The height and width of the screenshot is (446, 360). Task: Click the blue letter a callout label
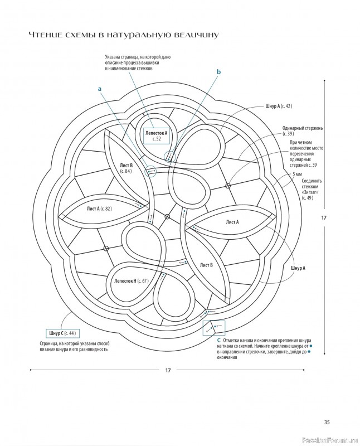pyautogui.click(x=100, y=89)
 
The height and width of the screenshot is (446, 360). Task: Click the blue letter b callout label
pyautogui.click(x=218, y=72)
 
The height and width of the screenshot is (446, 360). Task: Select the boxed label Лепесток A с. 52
pyautogui.click(x=157, y=135)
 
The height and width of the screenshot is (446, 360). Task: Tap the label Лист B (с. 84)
pyautogui.click(x=127, y=168)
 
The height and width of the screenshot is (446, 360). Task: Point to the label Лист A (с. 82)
pyautogui.click(x=99, y=209)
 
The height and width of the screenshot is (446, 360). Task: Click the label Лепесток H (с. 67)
pyautogui.click(x=131, y=281)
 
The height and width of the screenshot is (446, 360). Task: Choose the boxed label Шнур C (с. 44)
pyautogui.click(x=62, y=333)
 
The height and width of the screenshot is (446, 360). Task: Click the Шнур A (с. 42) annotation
pyautogui.click(x=279, y=106)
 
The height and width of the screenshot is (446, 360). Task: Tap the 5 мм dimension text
pyautogui.click(x=297, y=174)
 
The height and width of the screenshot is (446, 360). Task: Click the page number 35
pyautogui.click(x=327, y=423)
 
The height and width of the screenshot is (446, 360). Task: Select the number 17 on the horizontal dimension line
pyautogui.click(x=168, y=370)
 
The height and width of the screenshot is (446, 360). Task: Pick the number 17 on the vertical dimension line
pyautogui.click(x=324, y=217)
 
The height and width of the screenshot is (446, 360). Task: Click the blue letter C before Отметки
pyautogui.click(x=218, y=340)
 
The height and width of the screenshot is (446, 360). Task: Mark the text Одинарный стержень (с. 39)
pyautogui.click(x=302, y=131)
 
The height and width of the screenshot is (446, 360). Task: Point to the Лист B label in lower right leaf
pyautogui.click(x=206, y=265)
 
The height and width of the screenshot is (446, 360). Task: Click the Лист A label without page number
pyautogui.click(x=232, y=222)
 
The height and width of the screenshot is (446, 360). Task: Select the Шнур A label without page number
pyautogui.click(x=298, y=268)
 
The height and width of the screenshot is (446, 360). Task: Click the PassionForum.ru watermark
pyautogui.click(x=329, y=440)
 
